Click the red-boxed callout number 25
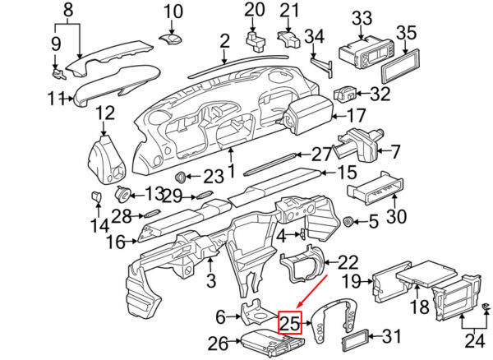click(x=290, y=323)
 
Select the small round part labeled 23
click(x=181, y=178)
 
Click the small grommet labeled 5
click(x=348, y=221)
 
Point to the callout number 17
click(x=357, y=116)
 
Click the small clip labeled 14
click(x=96, y=196)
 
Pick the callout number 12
click(x=105, y=113)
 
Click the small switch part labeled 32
click(x=344, y=94)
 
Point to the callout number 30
click(x=396, y=216)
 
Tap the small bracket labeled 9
click(x=58, y=74)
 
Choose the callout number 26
click(x=219, y=344)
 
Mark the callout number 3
click(x=211, y=280)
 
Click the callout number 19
click(x=351, y=281)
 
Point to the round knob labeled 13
click(x=122, y=194)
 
